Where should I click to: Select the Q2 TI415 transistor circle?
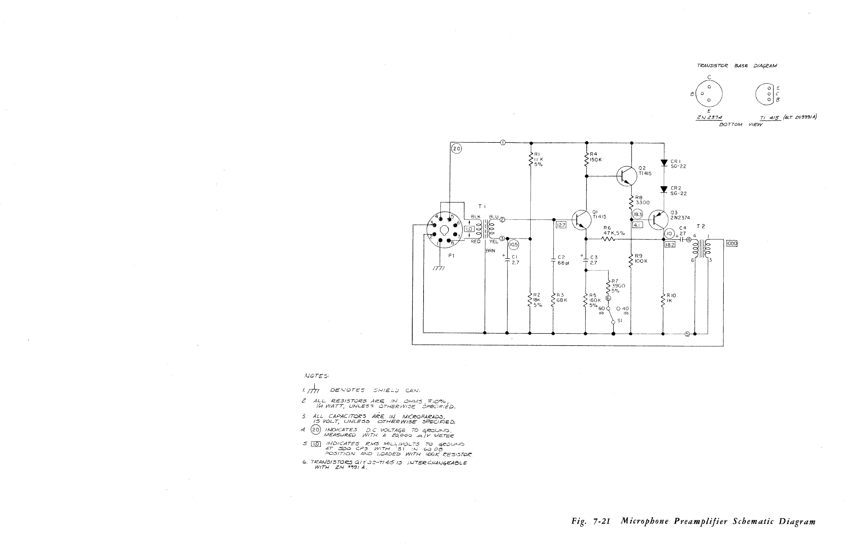[626, 176]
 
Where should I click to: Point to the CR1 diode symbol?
[664, 163]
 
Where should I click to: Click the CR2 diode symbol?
[664, 189]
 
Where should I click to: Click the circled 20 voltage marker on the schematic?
[457, 149]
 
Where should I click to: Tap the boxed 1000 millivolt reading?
[731, 244]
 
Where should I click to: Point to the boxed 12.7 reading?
[561, 225]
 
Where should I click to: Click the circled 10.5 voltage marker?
[513, 245]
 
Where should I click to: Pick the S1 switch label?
[620, 321]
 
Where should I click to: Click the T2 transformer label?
[701, 226]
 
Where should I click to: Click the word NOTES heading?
[316, 376]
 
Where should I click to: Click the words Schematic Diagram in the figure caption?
[774, 522]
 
